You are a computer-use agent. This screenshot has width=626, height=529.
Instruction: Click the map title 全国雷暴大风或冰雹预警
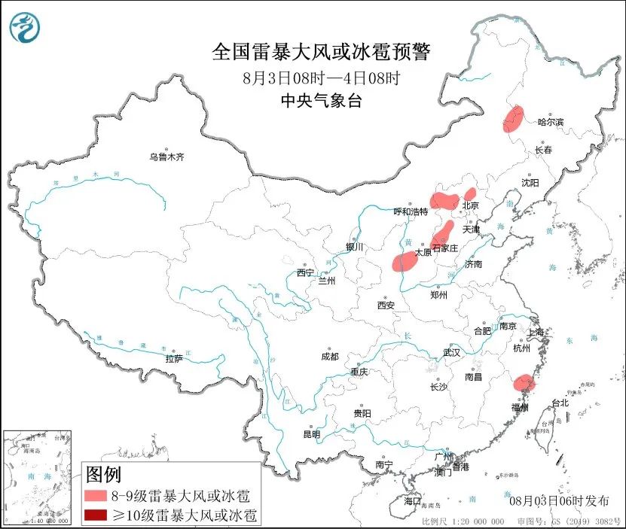pyautogui.click(x=322, y=52)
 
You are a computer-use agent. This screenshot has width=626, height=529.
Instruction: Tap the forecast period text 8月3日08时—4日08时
pyautogui.click(x=322, y=78)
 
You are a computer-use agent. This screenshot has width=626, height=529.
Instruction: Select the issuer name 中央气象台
pyautogui.click(x=322, y=101)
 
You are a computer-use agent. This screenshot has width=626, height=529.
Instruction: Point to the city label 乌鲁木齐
pyautogui.click(x=166, y=157)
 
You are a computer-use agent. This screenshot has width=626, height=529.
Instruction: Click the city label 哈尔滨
pyautogui.click(x=550, y=122)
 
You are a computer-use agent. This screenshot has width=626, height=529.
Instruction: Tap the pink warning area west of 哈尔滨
pyautogui.click(x=513, y=120)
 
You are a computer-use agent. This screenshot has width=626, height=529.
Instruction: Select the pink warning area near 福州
pyautogui.click(x=522, y=385)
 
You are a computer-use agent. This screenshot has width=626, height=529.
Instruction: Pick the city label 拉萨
pyautogui.click(x=174, y=358)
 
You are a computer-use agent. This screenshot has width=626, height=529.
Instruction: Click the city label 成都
pyautogui.click(x=329, y=356)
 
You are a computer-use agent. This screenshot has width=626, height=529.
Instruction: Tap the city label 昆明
pyautogui.click(x=311, y=434)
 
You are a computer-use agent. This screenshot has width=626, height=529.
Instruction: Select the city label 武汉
pyautogui.click(x=451, y=352)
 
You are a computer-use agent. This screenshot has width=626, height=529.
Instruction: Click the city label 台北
pyautogui.click(x=560, y=403)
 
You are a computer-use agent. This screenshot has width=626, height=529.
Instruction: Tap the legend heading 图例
pyautogui.click(x=103, y=475)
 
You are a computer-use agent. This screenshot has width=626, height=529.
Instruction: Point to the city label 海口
pyautogui.click(x=412, y=500)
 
